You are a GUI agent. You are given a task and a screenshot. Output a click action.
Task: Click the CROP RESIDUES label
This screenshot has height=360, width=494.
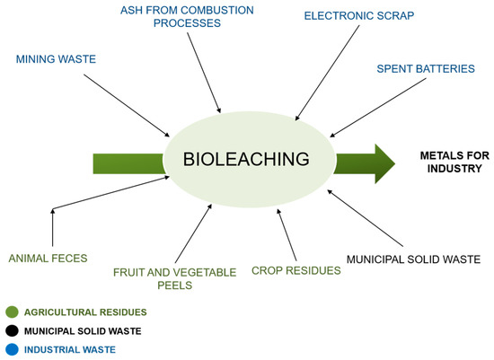click(296, 269)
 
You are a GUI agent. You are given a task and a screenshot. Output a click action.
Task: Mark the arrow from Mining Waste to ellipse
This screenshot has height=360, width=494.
click(128, 103)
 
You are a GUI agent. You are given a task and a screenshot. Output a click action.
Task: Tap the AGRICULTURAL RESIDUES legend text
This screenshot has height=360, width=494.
click(85, 312)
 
